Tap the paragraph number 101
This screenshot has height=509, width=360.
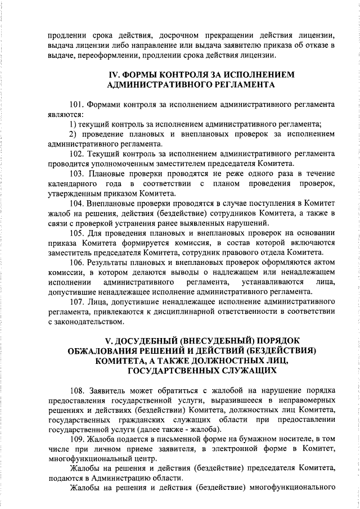tap(76, 105)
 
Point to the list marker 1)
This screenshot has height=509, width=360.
tap(73, 124)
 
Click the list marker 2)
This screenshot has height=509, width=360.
tap(73, 134)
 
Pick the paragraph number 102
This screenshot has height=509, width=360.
tap(76, 153)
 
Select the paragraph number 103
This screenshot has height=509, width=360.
tap(76, 173)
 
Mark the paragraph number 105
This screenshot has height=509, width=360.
tap(76, 232)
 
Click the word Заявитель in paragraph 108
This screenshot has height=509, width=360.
tap(107, 390)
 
